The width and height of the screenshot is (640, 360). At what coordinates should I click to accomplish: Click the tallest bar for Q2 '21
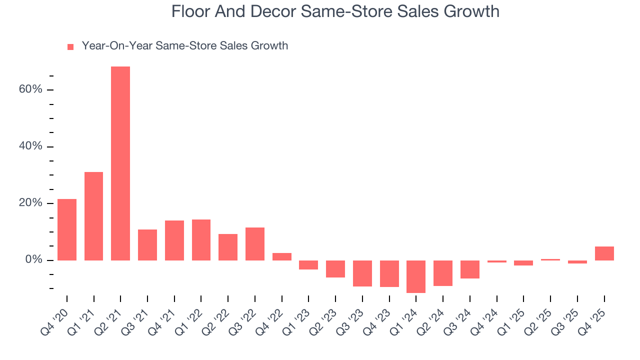pyautogui.click(x=120, y=163)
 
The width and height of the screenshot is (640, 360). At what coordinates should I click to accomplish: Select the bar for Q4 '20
pyautogui.click(x=67, y=229)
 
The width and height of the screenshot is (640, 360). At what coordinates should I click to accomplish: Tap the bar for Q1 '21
pyautogui.click(x=94, y=216)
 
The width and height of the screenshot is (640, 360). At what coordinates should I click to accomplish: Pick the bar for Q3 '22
pyautogui.click(x=255, y=244)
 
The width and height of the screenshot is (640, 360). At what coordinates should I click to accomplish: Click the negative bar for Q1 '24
pyautogui.click(x=416, y=276)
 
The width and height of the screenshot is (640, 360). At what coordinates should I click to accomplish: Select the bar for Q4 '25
pyautogui.click(x=604, y=253)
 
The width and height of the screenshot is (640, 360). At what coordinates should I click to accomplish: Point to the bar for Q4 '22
pyautogui.click(x=282, y=256)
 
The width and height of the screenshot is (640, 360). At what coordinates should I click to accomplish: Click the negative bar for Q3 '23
pyautogui.click(x=362, y=273)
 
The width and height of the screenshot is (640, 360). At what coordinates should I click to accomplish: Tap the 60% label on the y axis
pyautogui.click(x=31, y=89)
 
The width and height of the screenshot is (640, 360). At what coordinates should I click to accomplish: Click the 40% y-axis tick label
pyautogui.click(x=31, y=146)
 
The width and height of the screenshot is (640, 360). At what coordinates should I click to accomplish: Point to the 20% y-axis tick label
pyautogui.click(x=31, y=203)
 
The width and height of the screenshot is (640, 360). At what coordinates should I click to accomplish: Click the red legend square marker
pyautogui.click(x=70, y=47)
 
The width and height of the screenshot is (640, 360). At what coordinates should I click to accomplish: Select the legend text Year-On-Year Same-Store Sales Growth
pyautogui.click(x=185, y=46)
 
